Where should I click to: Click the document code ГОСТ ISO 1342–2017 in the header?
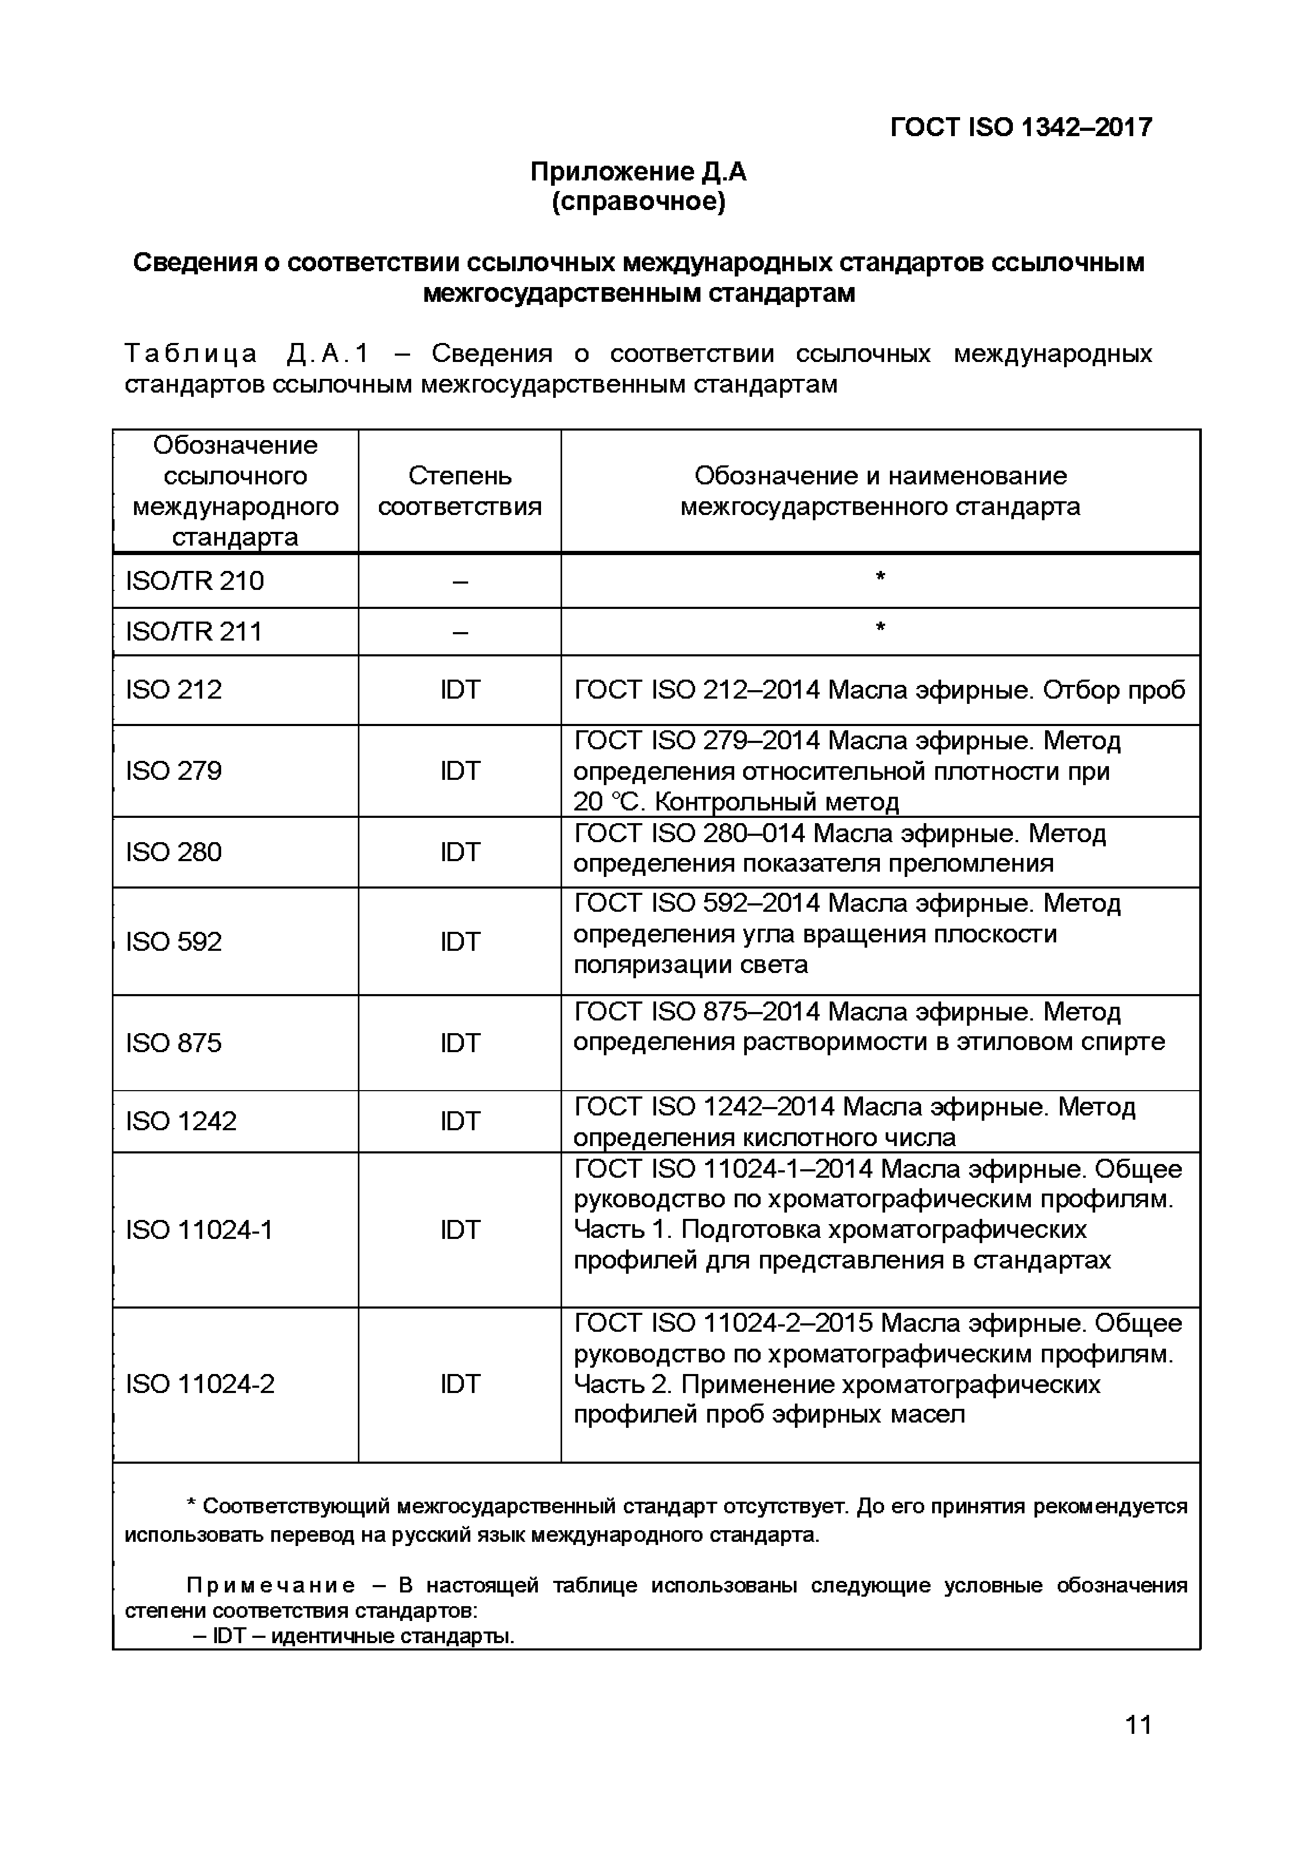pos(1020,127)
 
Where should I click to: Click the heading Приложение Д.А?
pos(638,171)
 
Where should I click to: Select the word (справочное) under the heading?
pos(638,202)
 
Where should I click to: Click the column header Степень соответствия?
pos(460,491)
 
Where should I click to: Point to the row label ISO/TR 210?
pos(194,581)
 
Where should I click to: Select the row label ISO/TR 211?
pos(194,631)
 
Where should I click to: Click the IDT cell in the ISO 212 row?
pos(460,690)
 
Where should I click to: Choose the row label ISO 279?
pos(174,771)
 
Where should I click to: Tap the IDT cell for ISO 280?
pos(460,852)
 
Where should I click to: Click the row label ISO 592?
pos(174,942)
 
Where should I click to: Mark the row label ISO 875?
pos(174,1043)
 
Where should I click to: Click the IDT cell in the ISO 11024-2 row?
pos(460,1384)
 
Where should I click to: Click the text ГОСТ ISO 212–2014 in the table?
pos(697,690)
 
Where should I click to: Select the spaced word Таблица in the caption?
pos(191,354)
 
